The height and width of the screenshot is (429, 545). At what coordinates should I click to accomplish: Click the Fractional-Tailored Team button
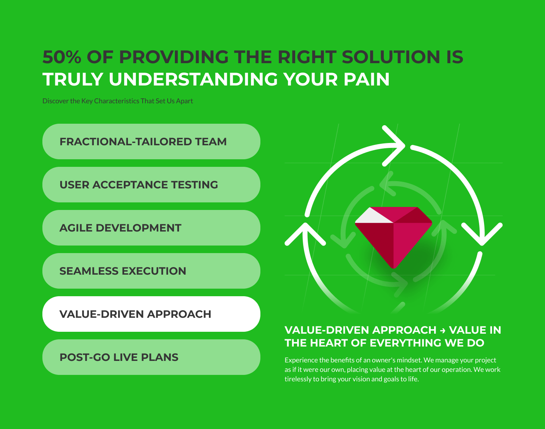(151, 141)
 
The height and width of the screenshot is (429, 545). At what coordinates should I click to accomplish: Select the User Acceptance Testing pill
(151, 185)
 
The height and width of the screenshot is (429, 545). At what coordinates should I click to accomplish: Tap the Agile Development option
(151, 228)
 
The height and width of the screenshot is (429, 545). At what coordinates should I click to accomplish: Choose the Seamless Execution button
(151, 271)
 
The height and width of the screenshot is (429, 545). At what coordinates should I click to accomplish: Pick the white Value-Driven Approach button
(151, 314)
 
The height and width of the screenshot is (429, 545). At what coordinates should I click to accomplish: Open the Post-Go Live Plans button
(151, 357)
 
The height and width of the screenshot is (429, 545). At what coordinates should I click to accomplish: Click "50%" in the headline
(62, 57)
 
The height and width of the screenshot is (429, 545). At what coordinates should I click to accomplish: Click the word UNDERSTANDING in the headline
(193, 79)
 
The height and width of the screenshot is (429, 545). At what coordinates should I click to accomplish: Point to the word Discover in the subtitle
(55, 101)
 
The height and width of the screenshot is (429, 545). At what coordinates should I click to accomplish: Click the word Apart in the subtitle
(185, 101)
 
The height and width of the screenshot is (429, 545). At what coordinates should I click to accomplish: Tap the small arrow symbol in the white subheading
(442, 331)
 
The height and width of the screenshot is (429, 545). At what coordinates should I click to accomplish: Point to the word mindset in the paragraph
(409, 360)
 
